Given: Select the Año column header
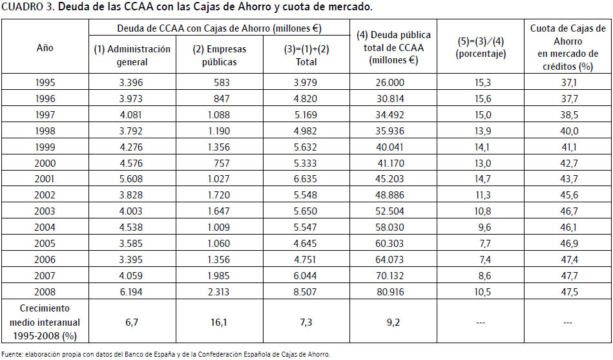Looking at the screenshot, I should [45, 47].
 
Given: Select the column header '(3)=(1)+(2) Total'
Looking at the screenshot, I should [306, 56].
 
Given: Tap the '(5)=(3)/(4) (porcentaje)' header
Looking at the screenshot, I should [481, 48].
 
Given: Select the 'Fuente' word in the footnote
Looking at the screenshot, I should [13, 354].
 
